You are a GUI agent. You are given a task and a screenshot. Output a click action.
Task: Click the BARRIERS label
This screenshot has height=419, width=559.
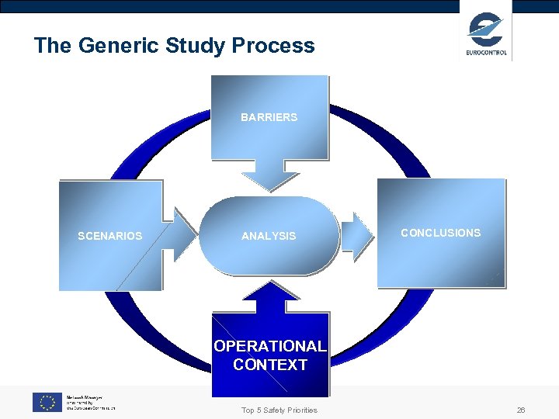(269, 117)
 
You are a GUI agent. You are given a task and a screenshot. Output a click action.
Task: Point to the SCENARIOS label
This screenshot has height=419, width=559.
(110, 236)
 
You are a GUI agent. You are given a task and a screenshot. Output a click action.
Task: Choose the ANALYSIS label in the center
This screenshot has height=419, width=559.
(269, 236)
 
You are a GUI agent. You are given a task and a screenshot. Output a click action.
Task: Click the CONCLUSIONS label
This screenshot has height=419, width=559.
(440, 233)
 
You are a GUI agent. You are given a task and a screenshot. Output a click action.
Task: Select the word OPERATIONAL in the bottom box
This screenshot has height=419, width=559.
(270, 346)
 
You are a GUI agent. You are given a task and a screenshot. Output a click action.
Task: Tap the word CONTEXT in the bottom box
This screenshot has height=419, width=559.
(270, 365)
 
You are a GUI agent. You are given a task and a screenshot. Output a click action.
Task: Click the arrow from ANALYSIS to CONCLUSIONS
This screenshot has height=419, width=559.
(357, 235)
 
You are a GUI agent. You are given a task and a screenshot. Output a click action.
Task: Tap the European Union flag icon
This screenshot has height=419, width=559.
(47, 402)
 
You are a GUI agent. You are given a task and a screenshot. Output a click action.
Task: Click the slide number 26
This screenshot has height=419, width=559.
(521, 410)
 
